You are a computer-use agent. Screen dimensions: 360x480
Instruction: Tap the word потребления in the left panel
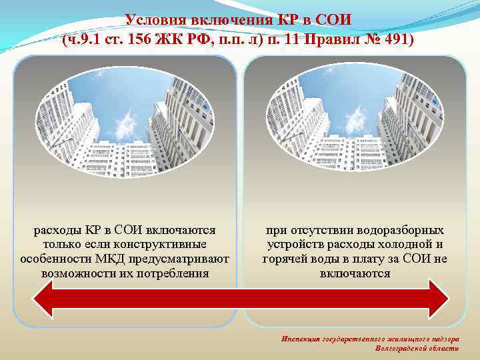(x=174, y=273)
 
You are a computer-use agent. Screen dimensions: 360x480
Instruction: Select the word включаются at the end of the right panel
(x=355, y=273)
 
